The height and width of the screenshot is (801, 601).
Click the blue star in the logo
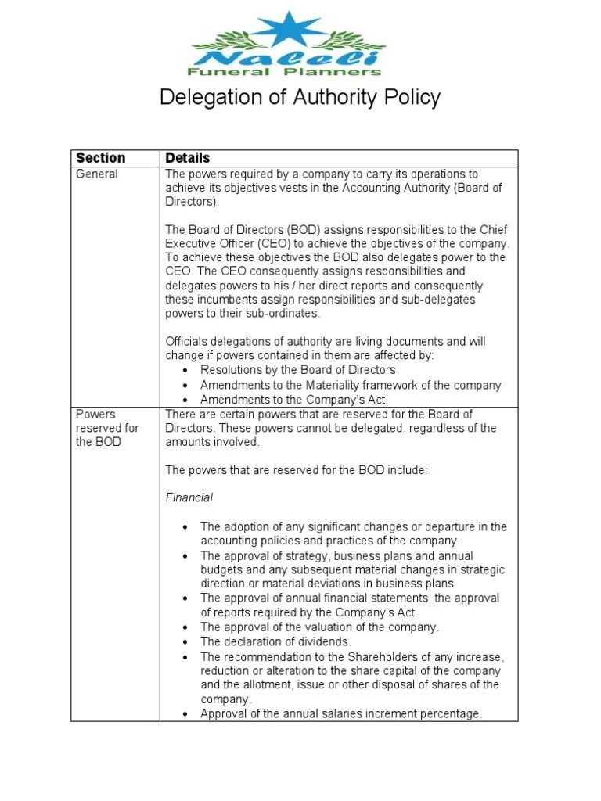click(284, 31)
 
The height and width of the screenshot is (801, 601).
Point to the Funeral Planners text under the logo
click(286, 72)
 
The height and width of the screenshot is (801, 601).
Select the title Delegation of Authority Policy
click(300, 98)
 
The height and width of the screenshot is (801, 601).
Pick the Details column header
click(187, 158)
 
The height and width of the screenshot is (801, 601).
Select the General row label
click(96, 174)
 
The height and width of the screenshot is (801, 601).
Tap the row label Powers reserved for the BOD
click(106, 428)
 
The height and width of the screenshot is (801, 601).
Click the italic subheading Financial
click(189, 497)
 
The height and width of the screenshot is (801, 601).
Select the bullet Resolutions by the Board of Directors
click(297, 370)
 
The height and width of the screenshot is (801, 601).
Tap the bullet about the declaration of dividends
click(275, 641)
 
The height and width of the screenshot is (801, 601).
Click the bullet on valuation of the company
click(319, 627)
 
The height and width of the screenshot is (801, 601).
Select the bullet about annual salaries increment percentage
click(341, 713)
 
